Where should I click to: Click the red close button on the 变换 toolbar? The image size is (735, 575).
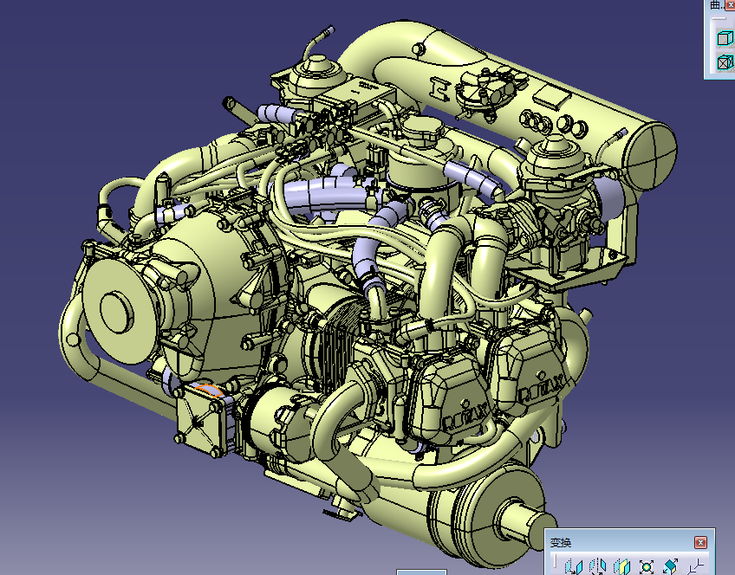click(700, 542)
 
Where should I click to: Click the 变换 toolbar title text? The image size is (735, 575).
click(561, 543)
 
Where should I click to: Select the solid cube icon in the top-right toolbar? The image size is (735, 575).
click(723, 37)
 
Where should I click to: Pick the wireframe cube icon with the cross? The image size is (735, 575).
click(723, 62)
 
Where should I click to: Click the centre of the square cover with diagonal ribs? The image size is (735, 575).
click(200, 421)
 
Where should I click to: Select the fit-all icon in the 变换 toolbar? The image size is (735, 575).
click(646, 567)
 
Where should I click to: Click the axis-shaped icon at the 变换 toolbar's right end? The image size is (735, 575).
click(694, 567)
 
